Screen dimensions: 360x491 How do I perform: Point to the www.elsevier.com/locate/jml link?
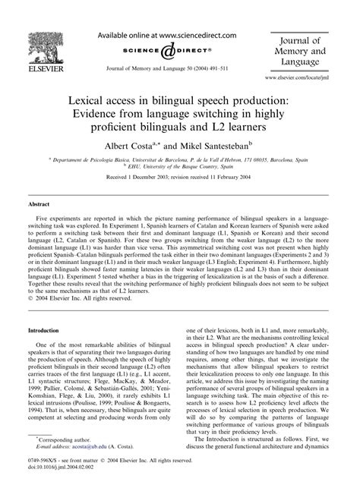point(311,77)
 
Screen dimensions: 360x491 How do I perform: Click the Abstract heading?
point(39,204)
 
